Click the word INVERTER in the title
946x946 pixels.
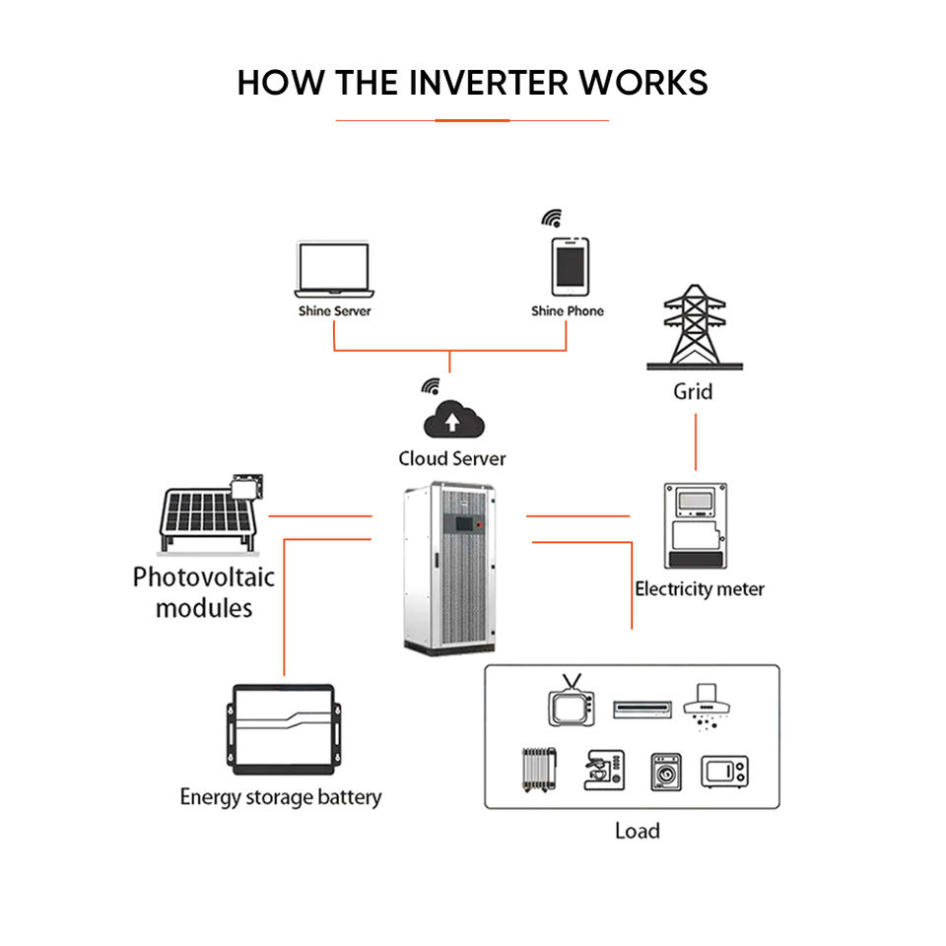point(489,83)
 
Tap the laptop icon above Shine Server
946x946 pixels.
point(334,270)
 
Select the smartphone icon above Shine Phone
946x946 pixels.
point(571,267)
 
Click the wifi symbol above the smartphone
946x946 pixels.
point(552,219)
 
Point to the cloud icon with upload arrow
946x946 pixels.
point(453,419)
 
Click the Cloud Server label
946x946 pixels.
point(452,458)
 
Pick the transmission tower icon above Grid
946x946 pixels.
point(695,326)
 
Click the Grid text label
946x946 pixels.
point(693,391)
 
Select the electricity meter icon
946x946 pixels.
point(696,525)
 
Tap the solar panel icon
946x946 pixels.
point(210,514)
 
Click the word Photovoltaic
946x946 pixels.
point(204,577)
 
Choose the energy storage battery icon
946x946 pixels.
point(284,729)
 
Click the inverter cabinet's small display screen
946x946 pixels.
point(464,523)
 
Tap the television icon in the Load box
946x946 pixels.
point(572,700)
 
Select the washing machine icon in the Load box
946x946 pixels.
point(667,772)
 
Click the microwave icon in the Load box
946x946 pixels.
point(724,772)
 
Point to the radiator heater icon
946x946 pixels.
point(539,770)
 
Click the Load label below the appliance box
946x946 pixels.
point(638,832)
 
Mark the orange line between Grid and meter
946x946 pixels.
point(696,442)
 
